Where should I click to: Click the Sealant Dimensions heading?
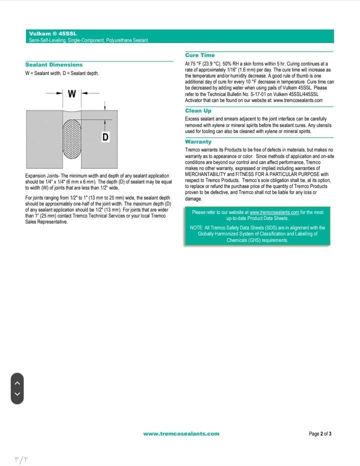pyautogui.click(x=54, y=64)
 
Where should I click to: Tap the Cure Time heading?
pyautogui.click(x=200, y=55)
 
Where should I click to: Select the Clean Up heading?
pyautogui.click(x=198, y=110)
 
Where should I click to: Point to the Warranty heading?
pyautogui.click(x=198, y=141)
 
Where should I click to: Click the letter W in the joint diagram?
pyautogui.click(x=71, y=93)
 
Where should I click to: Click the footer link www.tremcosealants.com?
pyautogui.click(x=181, y=433)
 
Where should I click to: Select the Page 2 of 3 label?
pyautogui.click(x=320, y=433)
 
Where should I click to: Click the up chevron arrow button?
pyautogui.click(x=18, y=383)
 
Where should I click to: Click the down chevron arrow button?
pyautogui.click(x=18, y=394)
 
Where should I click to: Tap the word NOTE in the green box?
pyautogui.click(x=196, y=228)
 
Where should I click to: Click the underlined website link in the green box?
pyautogui.click(x=274, y=212)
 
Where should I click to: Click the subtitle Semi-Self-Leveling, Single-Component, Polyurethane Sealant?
pyautogui.click(x=88, y=40)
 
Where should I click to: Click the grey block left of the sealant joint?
pyautogui.click(x=44, y=138)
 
